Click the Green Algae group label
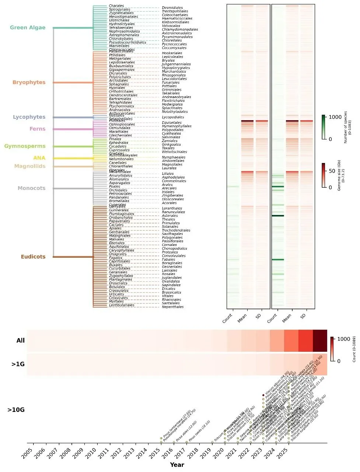click(x=28, y=28)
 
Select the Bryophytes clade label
click(x=29, y=83)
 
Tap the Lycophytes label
click(x=29, y=117)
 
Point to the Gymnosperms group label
click(x=25, y=146)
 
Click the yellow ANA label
click(x=39, y=158)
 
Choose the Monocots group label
click(x=32, y=188)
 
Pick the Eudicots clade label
click(x=33, y=257)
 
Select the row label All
click(x=21, y=341)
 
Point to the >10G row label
click(x=16, y=410)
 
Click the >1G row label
click(x=18, y=364)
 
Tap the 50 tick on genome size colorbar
click(x=332, y=171)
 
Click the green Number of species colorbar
click(x=323, y=127)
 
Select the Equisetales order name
click(x=171, y=123)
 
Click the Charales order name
click(x=116, y=6)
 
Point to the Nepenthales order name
click(x=173, y=307)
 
